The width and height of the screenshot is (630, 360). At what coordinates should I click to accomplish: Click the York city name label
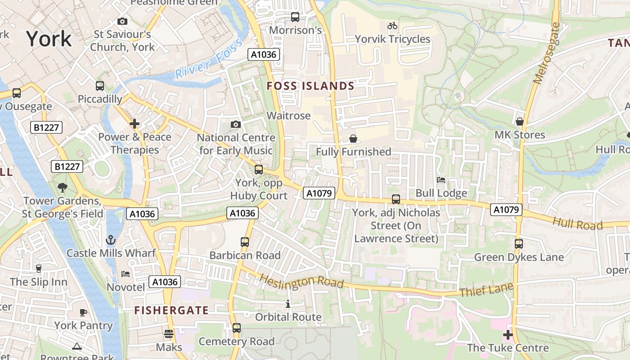49,39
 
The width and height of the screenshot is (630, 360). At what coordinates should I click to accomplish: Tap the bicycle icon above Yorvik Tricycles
392,26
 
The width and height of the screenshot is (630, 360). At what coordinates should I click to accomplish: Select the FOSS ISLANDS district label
310,86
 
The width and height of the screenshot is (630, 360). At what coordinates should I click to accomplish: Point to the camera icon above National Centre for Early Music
235,124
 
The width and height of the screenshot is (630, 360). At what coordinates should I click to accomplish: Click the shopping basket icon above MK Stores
520,121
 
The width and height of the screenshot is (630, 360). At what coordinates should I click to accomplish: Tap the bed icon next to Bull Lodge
441,180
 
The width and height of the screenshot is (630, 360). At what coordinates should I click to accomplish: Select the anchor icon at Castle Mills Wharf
110,239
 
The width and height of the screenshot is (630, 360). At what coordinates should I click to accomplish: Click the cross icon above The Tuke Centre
508,335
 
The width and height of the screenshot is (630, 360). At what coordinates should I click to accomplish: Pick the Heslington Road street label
301,281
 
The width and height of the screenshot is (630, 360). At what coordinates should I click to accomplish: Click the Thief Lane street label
486,290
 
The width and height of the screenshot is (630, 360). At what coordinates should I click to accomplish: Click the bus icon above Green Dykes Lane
519,244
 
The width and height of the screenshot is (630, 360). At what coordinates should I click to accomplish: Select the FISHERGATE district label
171,310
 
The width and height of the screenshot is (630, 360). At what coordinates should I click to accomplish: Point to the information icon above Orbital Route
288,304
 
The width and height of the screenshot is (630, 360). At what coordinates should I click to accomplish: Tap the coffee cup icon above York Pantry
83,312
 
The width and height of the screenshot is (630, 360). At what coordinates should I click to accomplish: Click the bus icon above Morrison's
295,17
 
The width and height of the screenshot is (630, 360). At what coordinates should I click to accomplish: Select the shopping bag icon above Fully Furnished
353,139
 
